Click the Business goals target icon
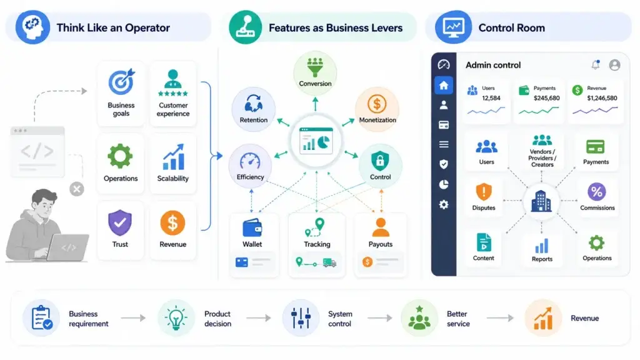(121, 82)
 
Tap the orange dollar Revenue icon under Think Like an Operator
(172, 223)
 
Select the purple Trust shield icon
(120, 223)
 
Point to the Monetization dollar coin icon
(377, 104)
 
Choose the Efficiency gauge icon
(250, 161)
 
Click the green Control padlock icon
(380, 161)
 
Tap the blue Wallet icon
(252, 227)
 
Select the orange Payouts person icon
(381, 227)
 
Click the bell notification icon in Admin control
(596, 64)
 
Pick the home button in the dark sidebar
(444, 85)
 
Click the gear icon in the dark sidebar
(444, 204)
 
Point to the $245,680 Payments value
(546, 98)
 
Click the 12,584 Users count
(491, 98)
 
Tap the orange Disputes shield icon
(484, 191)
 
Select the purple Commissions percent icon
(597, 191)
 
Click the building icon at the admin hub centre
(541, 201)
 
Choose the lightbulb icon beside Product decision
(176, 318)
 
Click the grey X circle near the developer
(77, 189)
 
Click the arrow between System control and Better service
(379, 318)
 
